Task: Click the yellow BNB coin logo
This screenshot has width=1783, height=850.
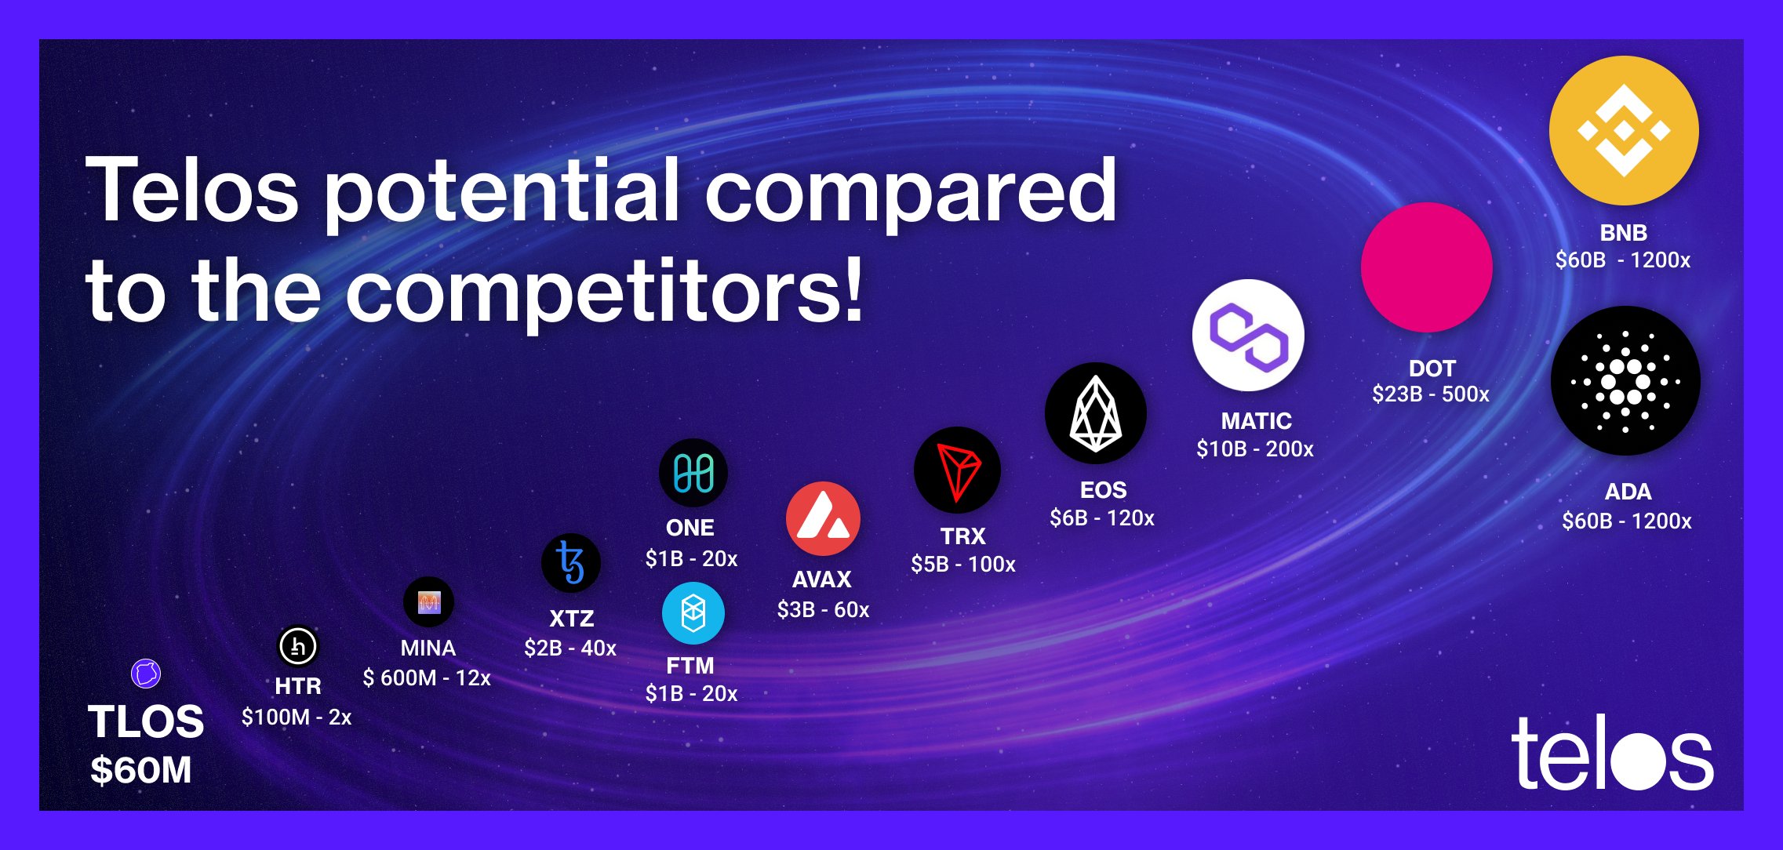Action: [1624, 130]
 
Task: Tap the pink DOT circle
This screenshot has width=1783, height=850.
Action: [1426, 267]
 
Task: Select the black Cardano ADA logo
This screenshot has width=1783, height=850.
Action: [1625, 381]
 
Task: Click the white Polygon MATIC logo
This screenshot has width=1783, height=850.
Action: [1248, 336]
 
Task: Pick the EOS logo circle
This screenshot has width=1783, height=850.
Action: [1096, 413]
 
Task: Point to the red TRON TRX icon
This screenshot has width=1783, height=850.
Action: [957, 470]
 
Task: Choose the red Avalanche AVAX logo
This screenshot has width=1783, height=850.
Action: [823, 519]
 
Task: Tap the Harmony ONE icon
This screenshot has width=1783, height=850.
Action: [693, 473]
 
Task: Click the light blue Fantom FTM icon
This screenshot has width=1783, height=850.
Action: [693, 613]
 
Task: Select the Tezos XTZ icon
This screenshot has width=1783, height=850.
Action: [571, 562]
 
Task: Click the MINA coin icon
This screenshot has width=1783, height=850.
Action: [428, 602]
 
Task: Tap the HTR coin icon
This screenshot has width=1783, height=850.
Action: [298, 647]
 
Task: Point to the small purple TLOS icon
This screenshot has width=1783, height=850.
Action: [146, 674]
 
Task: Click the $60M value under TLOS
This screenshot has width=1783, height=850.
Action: [141, 770]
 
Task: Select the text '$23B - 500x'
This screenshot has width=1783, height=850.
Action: [1430, 394]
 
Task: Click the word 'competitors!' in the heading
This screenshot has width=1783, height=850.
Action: [604, 292]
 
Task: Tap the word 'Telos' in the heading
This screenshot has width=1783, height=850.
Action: [192, 191]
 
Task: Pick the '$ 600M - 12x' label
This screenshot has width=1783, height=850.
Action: [427, 677]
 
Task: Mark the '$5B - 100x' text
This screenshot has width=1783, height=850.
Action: [962, 564]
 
